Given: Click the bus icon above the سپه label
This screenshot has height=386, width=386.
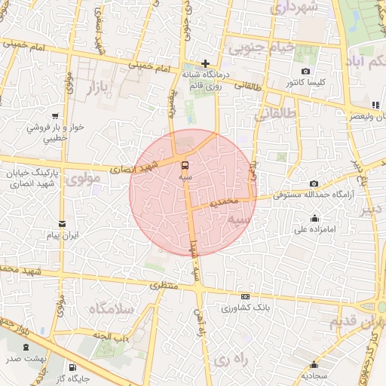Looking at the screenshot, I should (185, 164).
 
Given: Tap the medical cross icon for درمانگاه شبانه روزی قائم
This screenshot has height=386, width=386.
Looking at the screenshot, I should (205, 63).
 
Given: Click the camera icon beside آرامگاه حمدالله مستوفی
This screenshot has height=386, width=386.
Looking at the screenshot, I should (314, 184).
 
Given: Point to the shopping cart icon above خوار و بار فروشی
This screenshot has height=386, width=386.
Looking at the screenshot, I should (54, 116).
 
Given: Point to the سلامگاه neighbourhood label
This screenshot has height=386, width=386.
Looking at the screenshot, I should (110, 309).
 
